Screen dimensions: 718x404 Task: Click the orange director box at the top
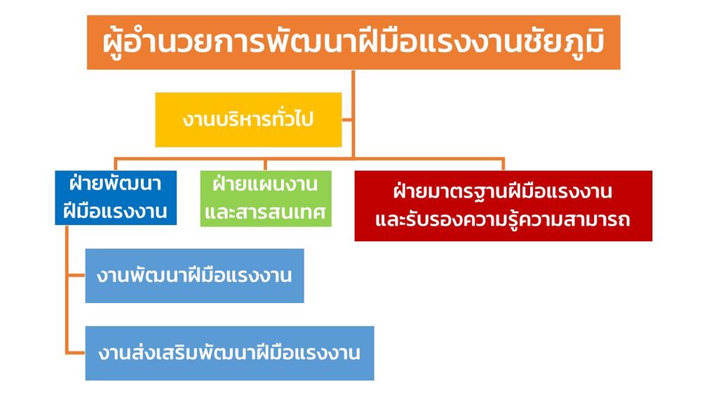point(353,42)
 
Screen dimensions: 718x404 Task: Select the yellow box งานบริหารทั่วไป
point(248,119)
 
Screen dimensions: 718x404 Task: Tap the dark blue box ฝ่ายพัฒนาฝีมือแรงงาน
point(116,198)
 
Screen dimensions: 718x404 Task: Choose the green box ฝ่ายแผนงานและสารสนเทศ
point(266,198)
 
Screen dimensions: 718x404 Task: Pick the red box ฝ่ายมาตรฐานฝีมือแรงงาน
point(503,206)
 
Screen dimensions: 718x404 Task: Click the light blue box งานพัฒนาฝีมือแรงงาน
point(195,276)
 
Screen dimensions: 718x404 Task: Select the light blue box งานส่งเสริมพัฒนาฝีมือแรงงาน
point(229,353)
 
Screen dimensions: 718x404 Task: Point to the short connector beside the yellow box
point(346,121)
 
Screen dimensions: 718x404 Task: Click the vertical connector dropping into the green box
point(265,165)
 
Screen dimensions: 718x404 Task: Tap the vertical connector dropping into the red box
point(503,165)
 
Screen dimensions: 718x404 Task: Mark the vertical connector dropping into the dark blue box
point(116,165)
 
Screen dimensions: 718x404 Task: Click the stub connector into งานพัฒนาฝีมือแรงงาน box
point(76,275)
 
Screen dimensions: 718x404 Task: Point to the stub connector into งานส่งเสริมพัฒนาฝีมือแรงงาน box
point(76,353)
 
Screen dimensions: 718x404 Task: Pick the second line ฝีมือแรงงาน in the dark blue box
point(115,211)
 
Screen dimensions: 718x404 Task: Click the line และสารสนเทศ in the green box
point(265,212)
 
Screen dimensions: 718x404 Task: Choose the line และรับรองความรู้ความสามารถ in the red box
point(503,220)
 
